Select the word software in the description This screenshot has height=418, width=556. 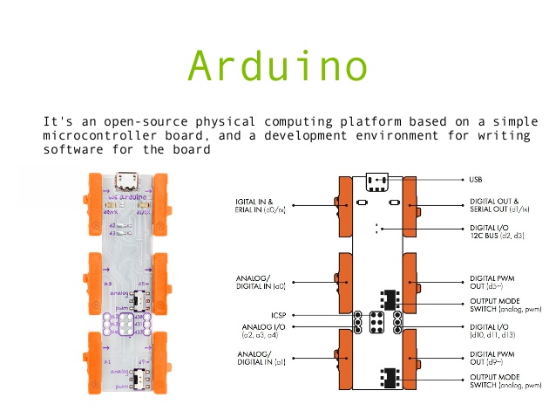coord(73,149)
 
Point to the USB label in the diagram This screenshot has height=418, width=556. coord(476,180)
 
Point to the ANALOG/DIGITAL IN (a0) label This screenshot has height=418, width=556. coord(261,282)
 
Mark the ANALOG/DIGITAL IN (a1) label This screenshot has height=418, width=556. coord(261,357)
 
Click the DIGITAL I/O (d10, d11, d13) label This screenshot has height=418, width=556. coord(494,331)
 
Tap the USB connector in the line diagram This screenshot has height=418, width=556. coord(378,182)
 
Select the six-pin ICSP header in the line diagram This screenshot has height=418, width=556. coord(378,321)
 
